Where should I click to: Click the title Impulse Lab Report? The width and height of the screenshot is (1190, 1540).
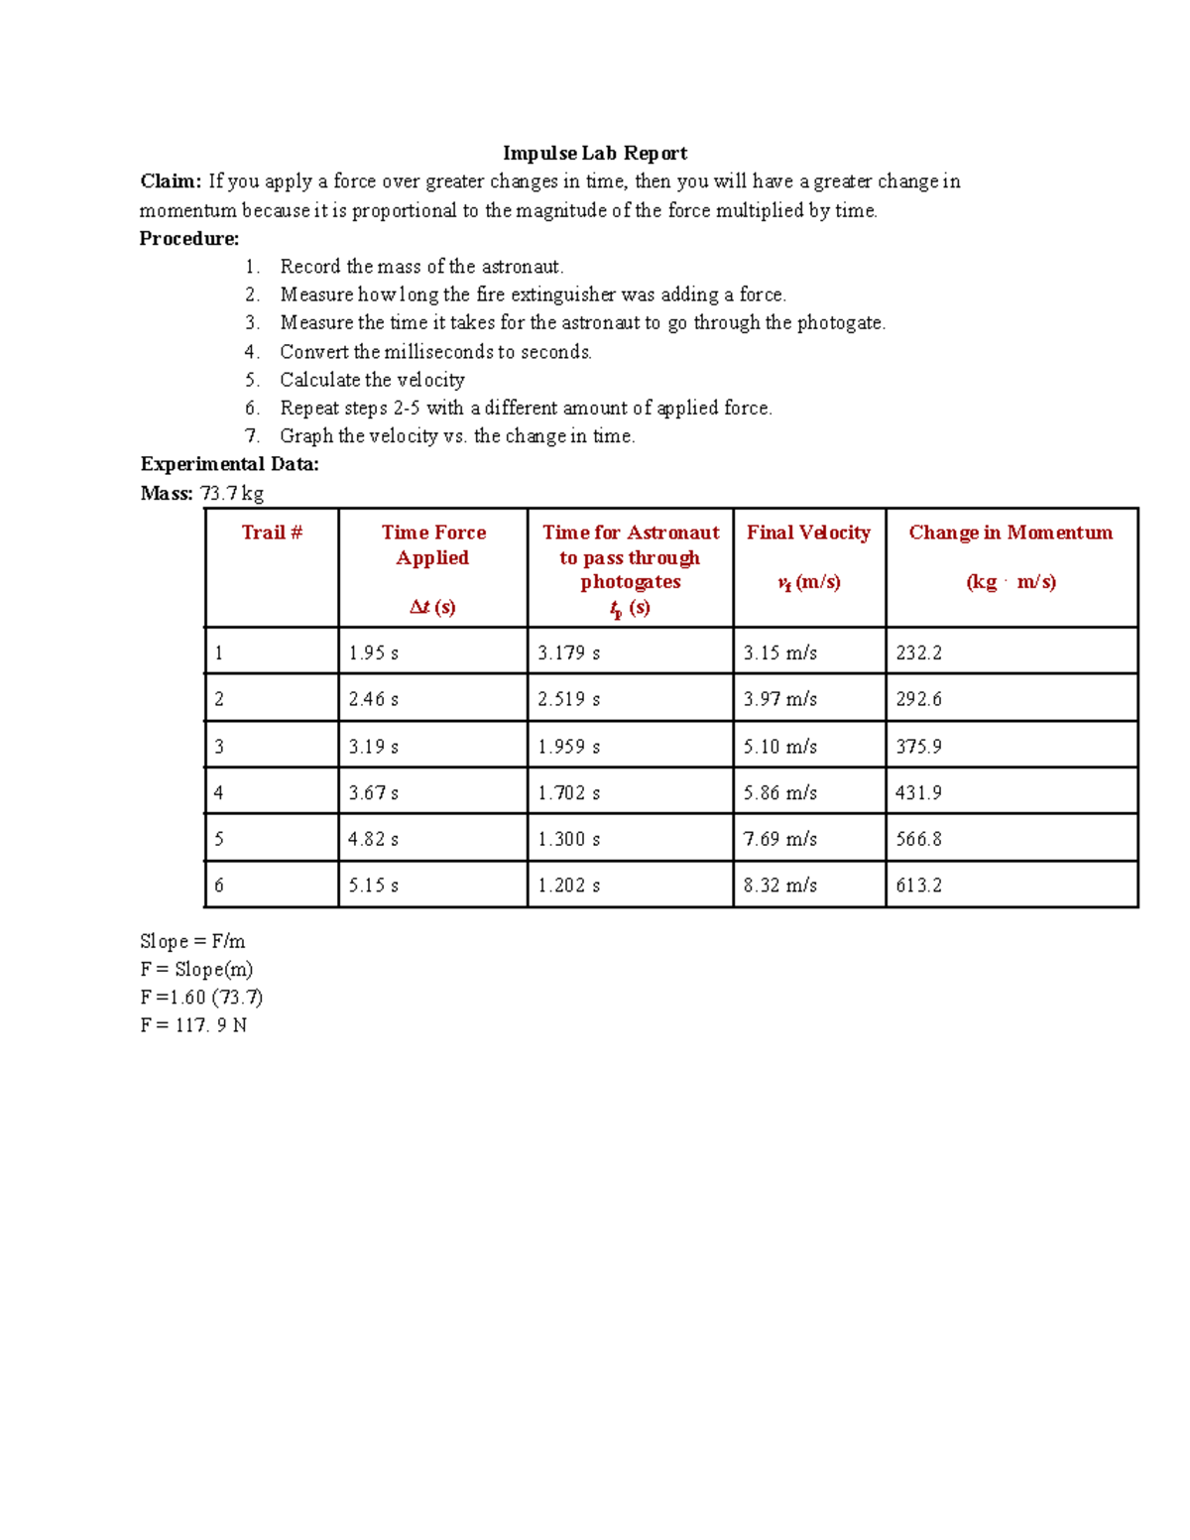[594, 153]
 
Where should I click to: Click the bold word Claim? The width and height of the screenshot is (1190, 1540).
[171, 181]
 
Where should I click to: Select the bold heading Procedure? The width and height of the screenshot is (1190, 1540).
[188, 238]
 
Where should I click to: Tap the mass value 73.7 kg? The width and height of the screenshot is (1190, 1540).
[231, 493]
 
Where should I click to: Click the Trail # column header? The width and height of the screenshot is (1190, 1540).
[272, 533]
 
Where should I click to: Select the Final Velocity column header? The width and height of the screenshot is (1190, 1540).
[808, 533]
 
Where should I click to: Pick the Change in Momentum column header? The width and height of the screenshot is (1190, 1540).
[1011, 533]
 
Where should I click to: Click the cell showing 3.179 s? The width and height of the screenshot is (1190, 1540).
[568, 652]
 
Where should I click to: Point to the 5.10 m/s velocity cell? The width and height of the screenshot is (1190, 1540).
[779, 746]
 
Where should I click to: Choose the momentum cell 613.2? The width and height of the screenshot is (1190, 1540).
[918, 885]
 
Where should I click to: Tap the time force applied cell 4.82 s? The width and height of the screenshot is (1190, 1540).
[373, 839]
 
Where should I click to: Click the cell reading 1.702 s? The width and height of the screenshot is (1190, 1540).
[568, 792]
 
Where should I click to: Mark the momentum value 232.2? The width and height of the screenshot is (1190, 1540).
[918, 652]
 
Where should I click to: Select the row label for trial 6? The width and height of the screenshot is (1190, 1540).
[219, 885]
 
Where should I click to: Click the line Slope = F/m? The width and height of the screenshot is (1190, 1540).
[192, 941]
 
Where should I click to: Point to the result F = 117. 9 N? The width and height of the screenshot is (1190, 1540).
[193, 1024]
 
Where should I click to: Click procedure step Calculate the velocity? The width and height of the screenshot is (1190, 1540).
[372, 380]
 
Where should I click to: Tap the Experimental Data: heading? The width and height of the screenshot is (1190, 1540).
[229, 464]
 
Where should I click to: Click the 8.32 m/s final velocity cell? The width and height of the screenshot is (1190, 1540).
[779, 885]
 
